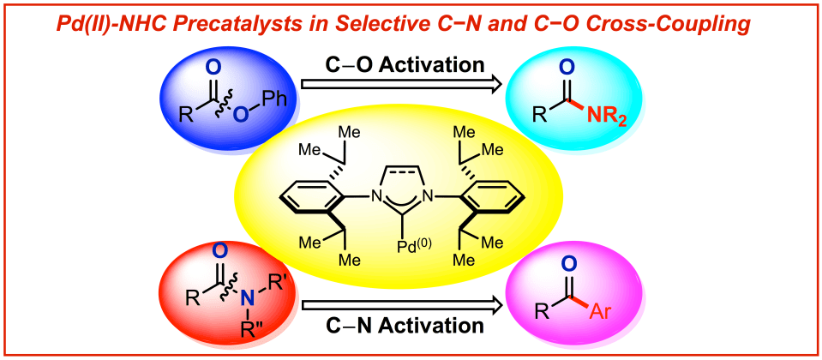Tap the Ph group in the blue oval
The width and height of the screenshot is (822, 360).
(x=273, y=97)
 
